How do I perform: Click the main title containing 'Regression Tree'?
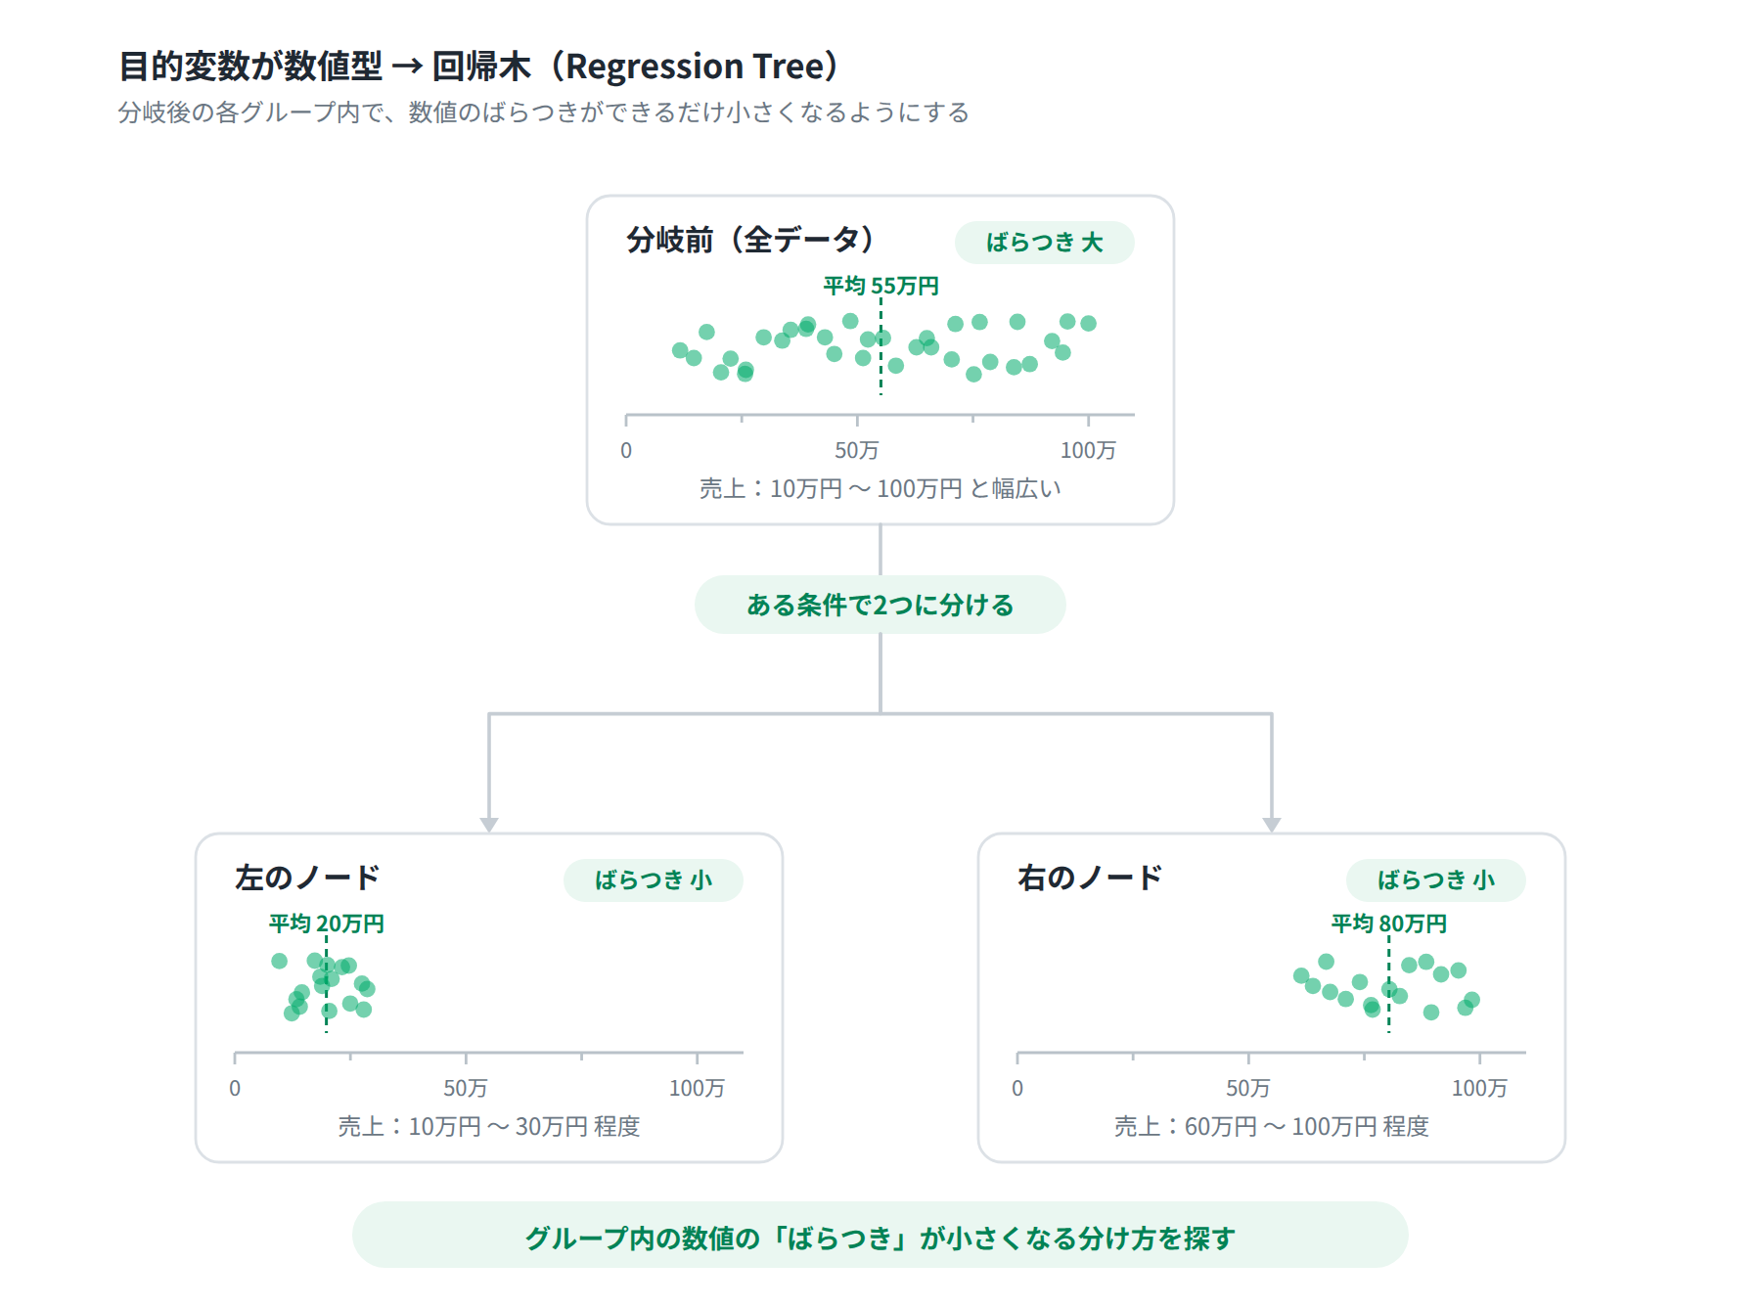point(478,67)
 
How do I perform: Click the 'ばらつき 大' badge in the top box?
point(1044,243)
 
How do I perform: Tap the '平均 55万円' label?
point(880,286)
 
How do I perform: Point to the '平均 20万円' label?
point(326,924)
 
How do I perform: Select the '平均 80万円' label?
point(1388,924)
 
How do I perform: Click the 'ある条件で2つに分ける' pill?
point(880,605)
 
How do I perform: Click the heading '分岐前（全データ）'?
point(749,240)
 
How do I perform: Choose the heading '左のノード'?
point(307,878)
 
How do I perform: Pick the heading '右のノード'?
point(1090,878)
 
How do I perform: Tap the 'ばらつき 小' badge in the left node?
point(653,880)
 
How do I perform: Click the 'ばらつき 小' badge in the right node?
point(1435,880)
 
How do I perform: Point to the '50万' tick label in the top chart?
point(857,450)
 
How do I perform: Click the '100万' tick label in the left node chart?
point(697,1088)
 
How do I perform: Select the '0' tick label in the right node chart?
point(1017,1088)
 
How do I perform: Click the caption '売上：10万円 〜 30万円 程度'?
point(489,1127)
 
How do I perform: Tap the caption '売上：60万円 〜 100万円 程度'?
point(1272,1127)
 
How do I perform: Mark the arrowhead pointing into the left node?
point(489,825)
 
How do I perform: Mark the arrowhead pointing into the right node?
point(1272,825)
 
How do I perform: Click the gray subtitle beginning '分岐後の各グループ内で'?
point(543,113)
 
